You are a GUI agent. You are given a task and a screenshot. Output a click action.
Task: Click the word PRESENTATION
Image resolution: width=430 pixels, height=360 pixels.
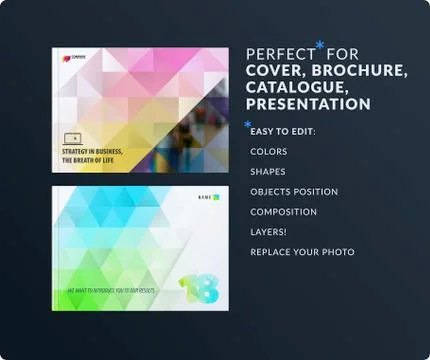[308, 104]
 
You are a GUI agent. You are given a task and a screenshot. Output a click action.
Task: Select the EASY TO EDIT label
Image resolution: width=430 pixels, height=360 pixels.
[282, 132]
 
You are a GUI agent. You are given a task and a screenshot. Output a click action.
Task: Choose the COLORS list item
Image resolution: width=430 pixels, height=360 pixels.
[269, 152]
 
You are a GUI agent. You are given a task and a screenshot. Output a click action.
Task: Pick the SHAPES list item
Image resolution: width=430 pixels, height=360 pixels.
[268, 171]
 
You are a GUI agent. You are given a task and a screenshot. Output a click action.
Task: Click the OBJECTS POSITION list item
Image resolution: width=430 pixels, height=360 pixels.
[294, 191]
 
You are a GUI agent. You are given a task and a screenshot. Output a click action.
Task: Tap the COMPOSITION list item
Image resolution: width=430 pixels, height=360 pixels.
[284, 212]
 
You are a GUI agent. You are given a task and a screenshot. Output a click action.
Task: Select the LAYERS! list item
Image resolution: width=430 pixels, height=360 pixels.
[269, 231]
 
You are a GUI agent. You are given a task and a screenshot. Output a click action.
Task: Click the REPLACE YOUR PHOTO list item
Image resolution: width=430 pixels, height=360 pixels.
[302, 251]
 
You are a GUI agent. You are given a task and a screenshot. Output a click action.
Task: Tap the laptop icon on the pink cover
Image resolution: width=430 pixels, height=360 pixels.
[71, 138]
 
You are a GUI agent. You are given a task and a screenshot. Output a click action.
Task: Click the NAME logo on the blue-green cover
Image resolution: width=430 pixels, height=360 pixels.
[205, 196]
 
